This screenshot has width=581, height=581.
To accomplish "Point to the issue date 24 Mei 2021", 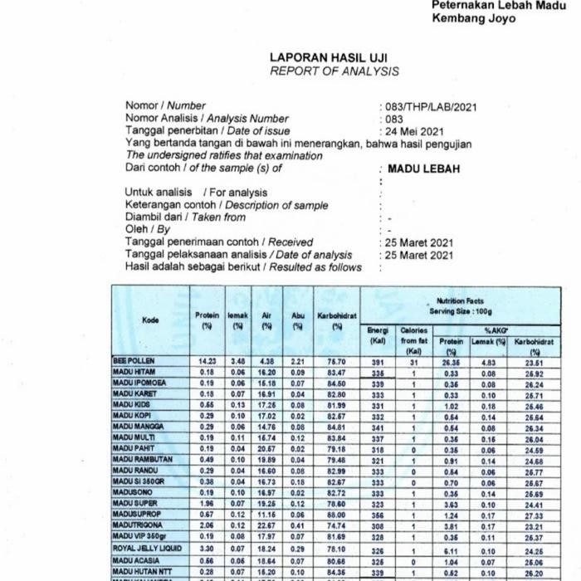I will click(x=414, y=131).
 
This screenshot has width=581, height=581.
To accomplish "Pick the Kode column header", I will click(x=150, y=320).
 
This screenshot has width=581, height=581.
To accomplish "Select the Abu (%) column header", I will click(x=298, y=320).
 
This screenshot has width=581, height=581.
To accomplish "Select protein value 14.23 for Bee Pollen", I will click(x=207, y=362).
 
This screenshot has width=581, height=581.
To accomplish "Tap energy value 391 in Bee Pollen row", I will click(x=378, y=362).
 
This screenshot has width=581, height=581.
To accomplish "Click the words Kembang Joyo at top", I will click(x=473, y=17).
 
